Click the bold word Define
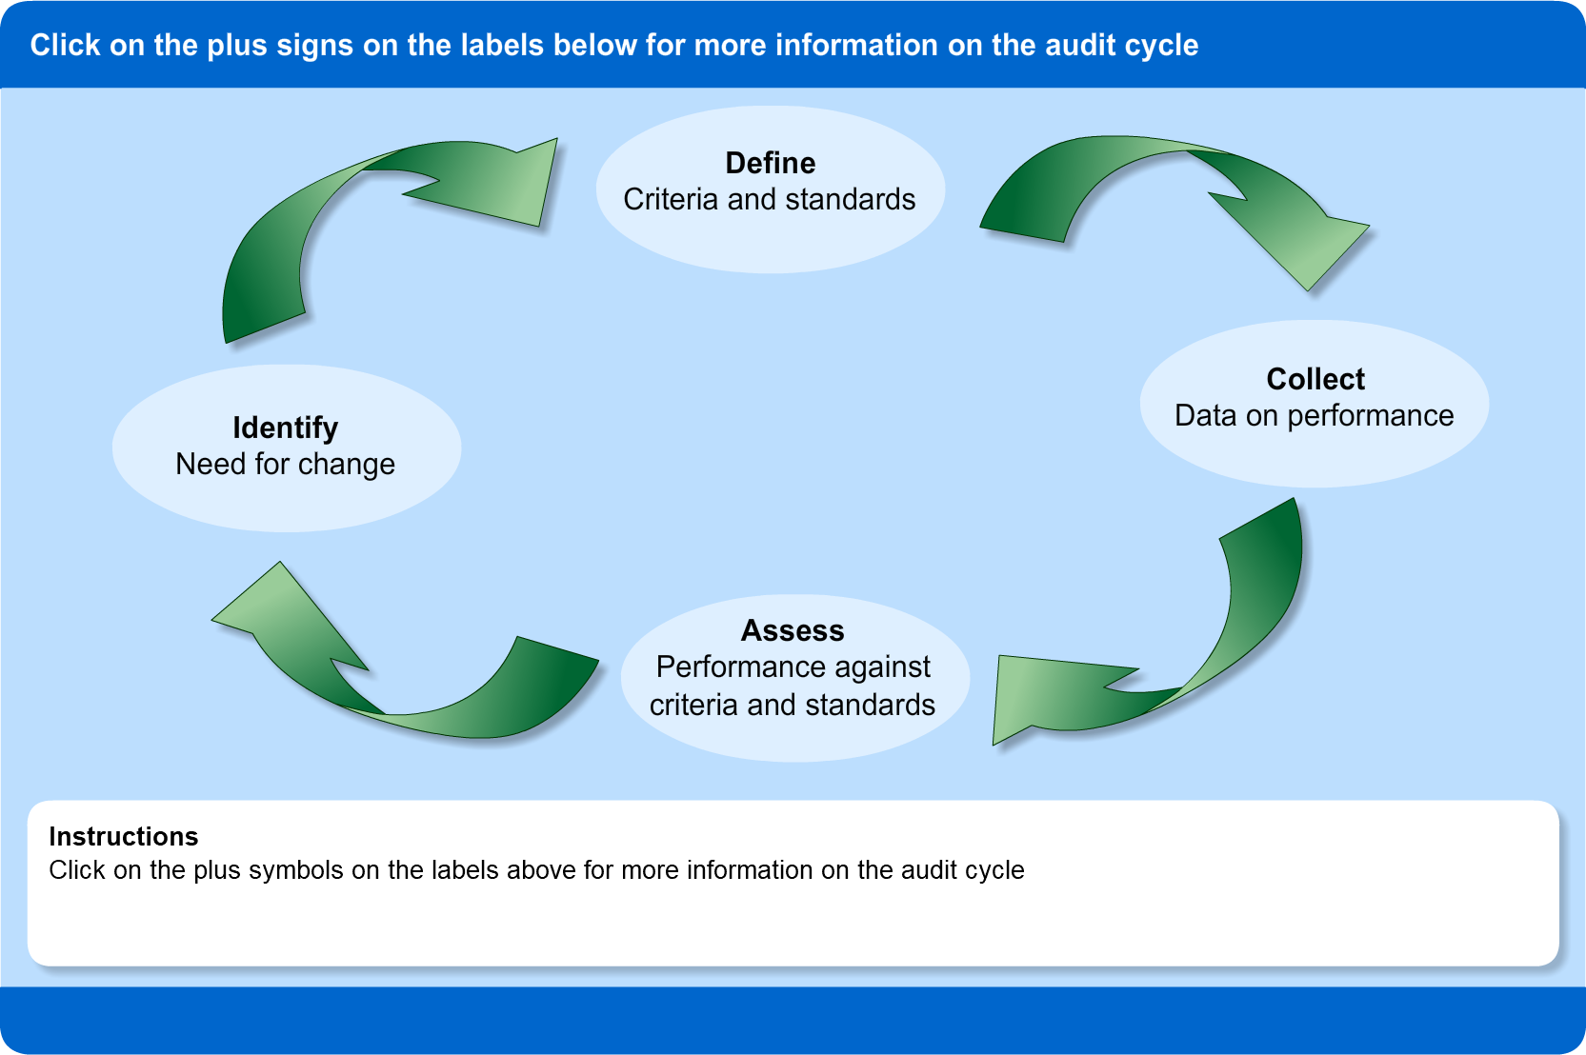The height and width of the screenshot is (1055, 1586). [770, 163]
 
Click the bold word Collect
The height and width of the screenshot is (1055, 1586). [1315, 379]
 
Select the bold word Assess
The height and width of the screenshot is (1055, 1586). [793, 630]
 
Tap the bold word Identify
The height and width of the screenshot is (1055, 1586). [285, 428]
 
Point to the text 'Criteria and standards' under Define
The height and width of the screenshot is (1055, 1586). [769, 200]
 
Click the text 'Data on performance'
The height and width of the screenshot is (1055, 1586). [1314, 416]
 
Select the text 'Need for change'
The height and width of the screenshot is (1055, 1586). [285, 465]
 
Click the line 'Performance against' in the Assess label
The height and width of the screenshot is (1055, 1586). [793, 667]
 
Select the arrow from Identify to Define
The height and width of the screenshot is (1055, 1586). [314, 219]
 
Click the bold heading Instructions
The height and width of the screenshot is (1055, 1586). [124, 836]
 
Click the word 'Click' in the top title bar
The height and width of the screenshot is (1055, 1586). [65, 46]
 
